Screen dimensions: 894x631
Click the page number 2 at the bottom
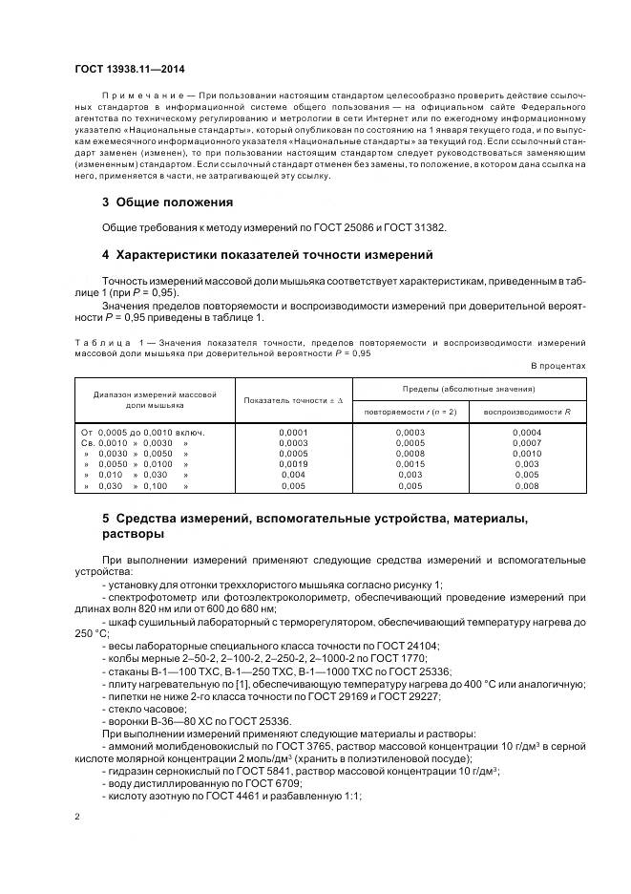pos(77,817)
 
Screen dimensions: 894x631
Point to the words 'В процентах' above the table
pos(557,366)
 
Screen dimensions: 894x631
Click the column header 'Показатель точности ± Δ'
pos(293,399)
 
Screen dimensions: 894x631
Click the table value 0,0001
pos(293,433)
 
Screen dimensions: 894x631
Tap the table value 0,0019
pos(293,464)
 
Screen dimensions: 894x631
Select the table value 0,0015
pos(410,464)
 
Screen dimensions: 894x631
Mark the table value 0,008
pos(527,485)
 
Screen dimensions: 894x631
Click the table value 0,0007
pos(527,443)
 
